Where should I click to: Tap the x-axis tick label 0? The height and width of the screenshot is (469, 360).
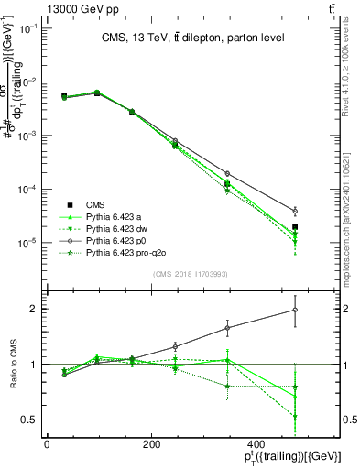[x=47, y=444]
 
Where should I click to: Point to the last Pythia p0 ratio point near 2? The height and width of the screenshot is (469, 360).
[x=295, y=310]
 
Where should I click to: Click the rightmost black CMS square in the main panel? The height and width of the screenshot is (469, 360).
[x=295, y=227]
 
